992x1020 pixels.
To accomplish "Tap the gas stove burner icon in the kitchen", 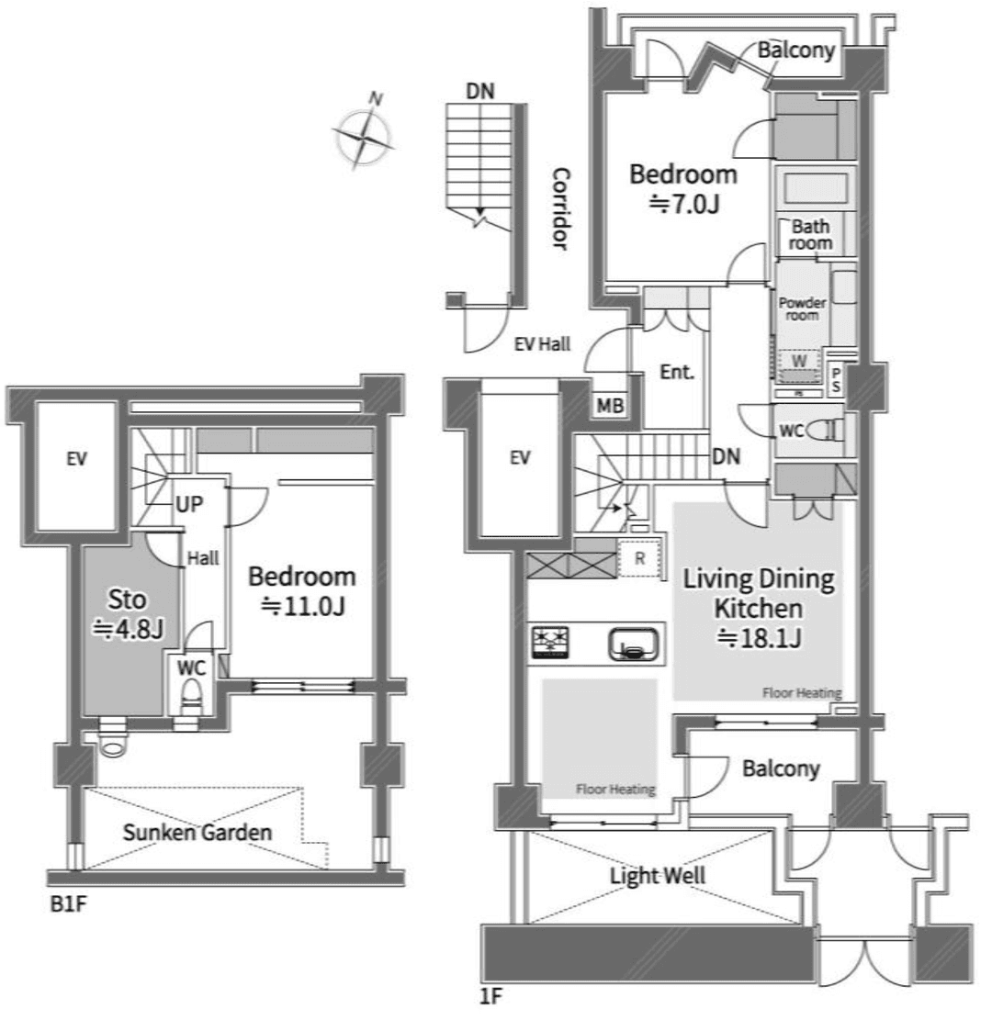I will pyautogui.click(x=549, y=642).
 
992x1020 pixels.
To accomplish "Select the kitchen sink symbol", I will pyautogui.click(x=634, y=644).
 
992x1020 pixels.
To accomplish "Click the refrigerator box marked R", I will pyautogui.click(x=638, y=558).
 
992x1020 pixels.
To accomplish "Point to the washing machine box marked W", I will pyautogui.click(x=799, y=365).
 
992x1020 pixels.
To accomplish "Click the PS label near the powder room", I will pyautogui.click(x=836, y=379).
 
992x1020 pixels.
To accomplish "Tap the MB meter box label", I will pyautogui.click(x=607, y=405).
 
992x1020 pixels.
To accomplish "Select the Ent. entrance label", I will pyautogui.click(x=676, y=373).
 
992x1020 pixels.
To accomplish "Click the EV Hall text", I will pyautogui.click(x=542, y=345).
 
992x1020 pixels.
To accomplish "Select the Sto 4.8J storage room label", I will pyautogui.click(x=128, y=615).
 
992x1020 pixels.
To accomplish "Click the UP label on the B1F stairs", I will pyautogui.click(x=191, y=504).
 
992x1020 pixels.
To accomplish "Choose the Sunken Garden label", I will pyautogui.click(x=198, y=834).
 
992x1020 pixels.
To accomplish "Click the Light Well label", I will pyautogui.click(x=658, y=875).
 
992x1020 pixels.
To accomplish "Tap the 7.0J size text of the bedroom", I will pyautogui.click(x=683, y=204).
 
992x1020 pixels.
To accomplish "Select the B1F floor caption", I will pyautogui.click(x=66, y=902).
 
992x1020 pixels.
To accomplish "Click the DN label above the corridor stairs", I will pyautogui.click(x=479, y=91).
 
